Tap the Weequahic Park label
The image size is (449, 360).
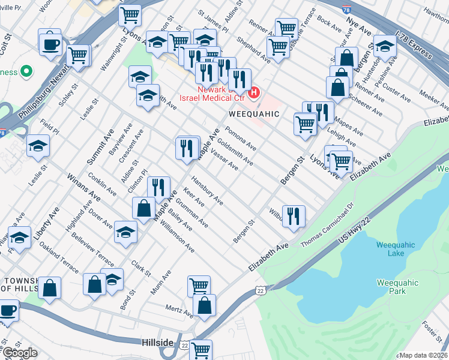(391, 286)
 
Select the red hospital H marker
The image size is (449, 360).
(255, 93)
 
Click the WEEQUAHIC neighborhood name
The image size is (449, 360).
(255, 113)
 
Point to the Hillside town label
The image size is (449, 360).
(158, 343)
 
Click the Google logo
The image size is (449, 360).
(20, 353)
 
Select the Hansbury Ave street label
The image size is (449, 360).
(207, 191)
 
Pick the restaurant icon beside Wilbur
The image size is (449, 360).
(294, 216)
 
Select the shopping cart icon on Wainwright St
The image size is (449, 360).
(130, 16)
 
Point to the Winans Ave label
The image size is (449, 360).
(83, 187)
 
